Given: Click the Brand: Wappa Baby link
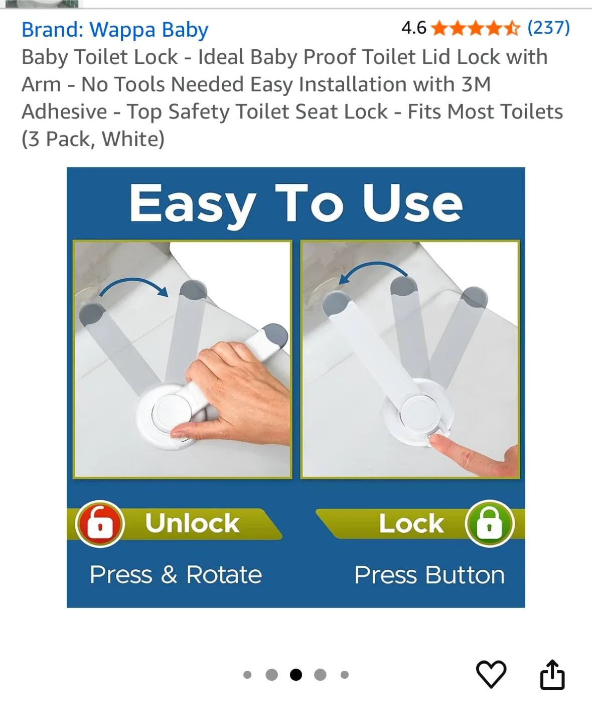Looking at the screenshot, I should tap(115, 30).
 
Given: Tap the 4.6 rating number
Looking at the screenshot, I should tap(413, 28).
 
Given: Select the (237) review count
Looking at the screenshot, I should tap(548, 28).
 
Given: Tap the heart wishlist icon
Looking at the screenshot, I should tap(491, 674).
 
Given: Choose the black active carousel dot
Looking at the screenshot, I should tap(296, 675).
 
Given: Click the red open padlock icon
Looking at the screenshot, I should tap(100, 524).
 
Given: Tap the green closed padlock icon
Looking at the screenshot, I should tap(489, 524).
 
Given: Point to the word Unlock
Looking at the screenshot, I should tap(192, 523).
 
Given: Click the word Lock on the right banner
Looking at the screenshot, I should tap(411, 524).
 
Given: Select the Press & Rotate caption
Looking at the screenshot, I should tap(176, 574).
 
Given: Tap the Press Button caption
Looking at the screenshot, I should tap(429, 574).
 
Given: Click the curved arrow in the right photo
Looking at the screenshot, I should tap(373, 271).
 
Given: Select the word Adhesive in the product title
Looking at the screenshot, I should tap(64, 111).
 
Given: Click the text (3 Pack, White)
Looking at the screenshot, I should tap(93, 139).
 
